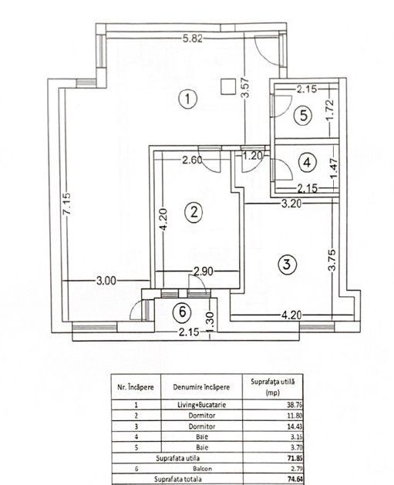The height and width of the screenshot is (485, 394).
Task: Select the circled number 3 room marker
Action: point(287,264)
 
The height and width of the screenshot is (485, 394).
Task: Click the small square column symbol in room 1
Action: point(227,86)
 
